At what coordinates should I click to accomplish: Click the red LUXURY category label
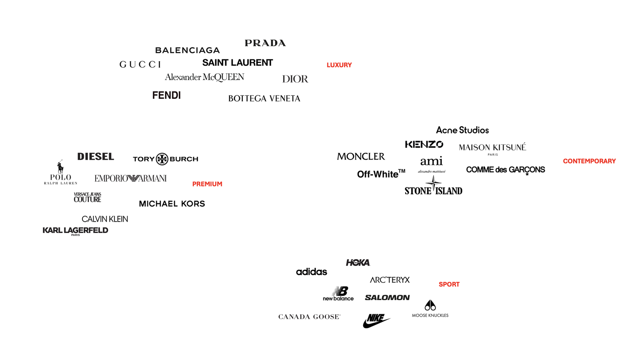[339, 65]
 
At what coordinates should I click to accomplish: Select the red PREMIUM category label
[207, 184]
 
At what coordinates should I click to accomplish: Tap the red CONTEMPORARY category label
[589, 161]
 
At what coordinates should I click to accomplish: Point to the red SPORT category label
[449, 284]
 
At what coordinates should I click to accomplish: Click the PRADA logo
[265, 43]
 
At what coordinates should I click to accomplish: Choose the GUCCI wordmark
[140, 65]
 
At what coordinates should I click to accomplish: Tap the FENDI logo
[166, 95]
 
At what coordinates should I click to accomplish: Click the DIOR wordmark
[295, 79]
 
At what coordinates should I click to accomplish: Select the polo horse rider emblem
[60, 167]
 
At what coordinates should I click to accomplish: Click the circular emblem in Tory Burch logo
[162, 159]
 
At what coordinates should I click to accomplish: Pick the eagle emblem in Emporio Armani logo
[132, 178]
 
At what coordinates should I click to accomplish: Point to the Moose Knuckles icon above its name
[430, 305]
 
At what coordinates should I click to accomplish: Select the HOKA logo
[358, 263]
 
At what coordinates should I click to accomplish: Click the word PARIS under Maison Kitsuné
[493, 155]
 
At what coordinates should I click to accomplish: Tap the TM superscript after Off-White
[402, 171]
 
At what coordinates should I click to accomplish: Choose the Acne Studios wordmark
[462, 130]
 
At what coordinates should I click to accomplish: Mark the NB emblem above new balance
[340, 291]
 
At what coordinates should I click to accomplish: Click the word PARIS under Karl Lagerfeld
[76, 235]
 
